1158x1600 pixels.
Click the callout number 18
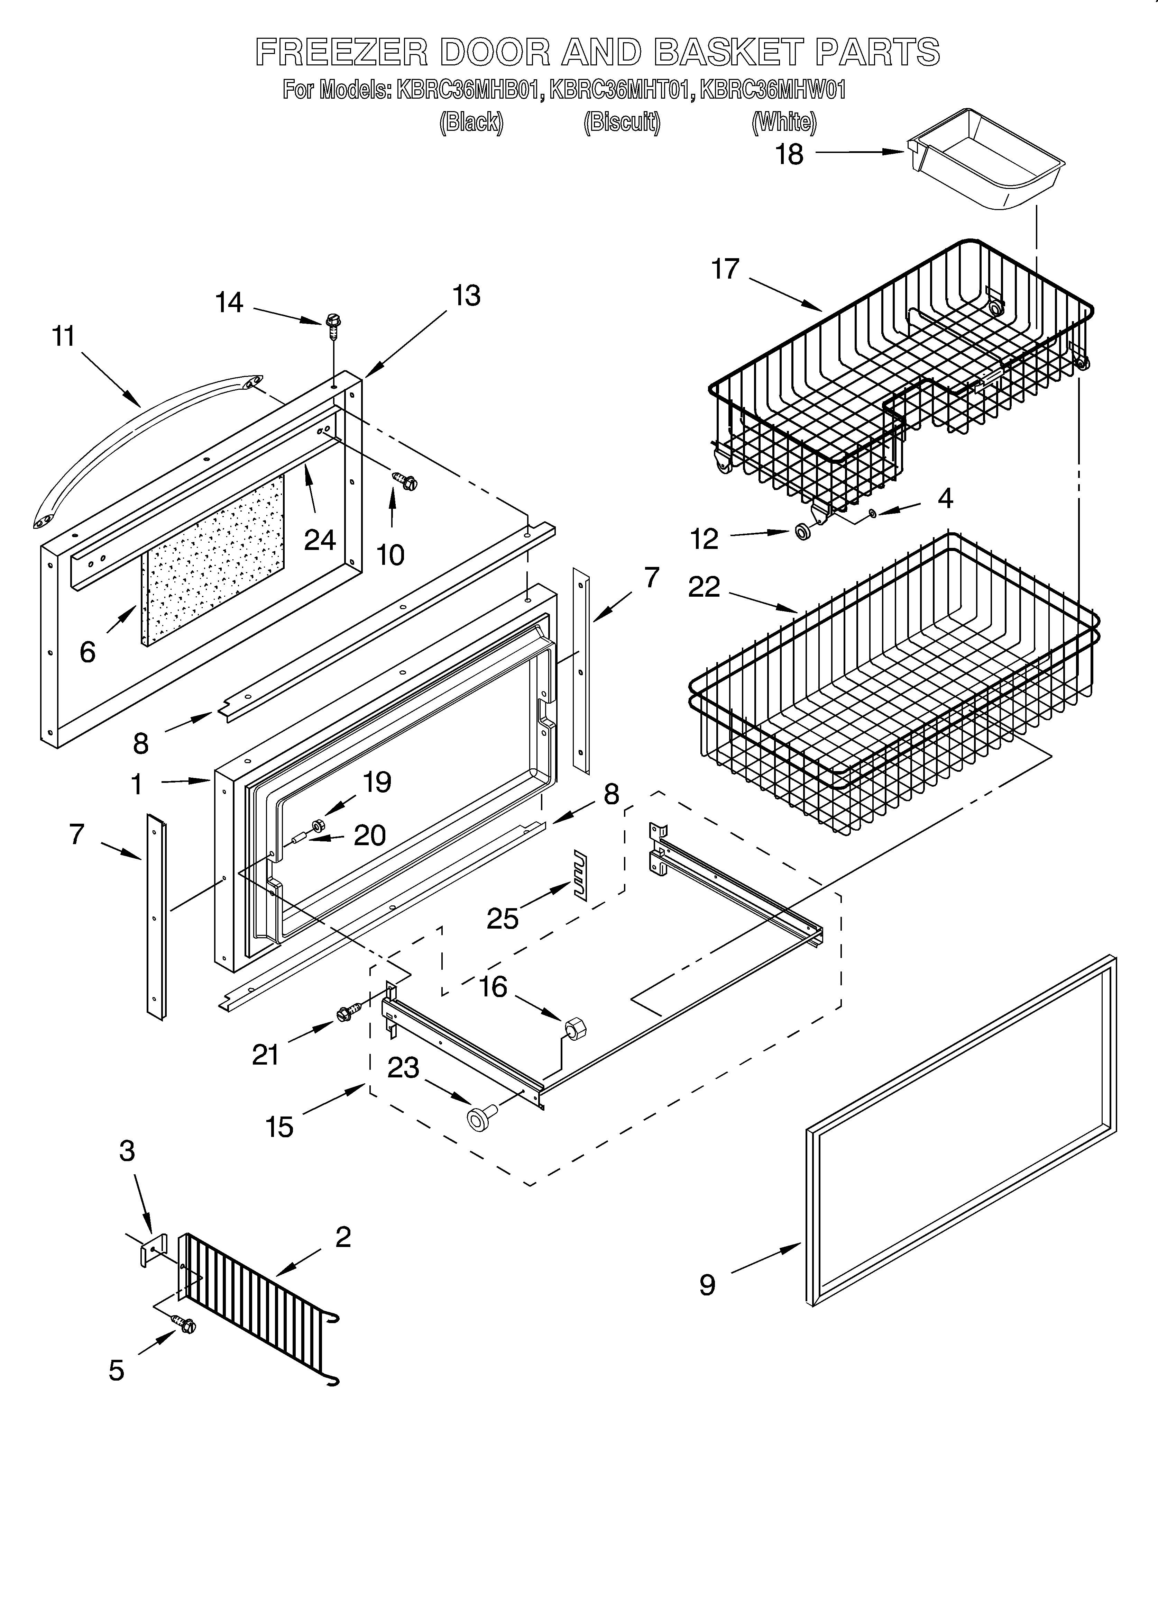789,154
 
